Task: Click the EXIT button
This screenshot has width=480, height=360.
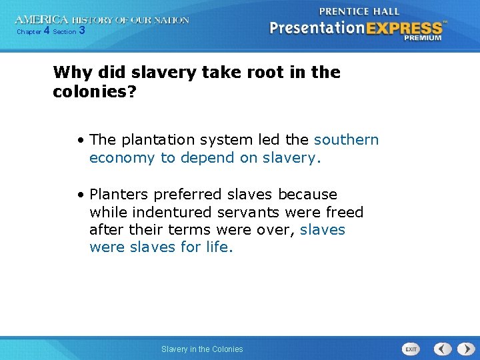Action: [x=411, y=349]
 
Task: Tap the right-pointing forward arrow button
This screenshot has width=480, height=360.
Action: [x=462, y=349]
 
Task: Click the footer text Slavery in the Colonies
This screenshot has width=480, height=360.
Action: [x=202, y=349]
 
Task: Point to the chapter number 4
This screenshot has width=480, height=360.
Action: [x=46, y=31]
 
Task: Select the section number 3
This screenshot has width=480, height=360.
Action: [x=81, y=31]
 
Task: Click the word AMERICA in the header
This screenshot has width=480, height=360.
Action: [x=41, y=21]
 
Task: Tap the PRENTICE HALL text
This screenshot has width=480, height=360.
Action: [x=359, y=11]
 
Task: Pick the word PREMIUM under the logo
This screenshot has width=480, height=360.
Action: [x=423, y=39]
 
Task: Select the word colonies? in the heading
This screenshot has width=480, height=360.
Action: [x=94, y=91]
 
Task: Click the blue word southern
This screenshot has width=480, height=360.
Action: [x=346, y=140]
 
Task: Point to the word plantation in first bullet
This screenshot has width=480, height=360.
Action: [x=154, y=140]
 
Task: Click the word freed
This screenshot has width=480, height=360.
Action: [x=345, y=213]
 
